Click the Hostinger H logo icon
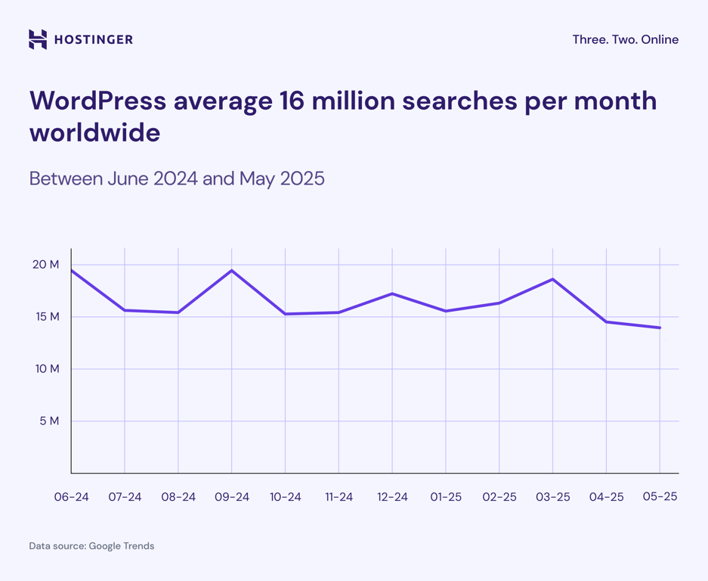[x=38, y=39]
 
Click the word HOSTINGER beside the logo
[x=93, y=39]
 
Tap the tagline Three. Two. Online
[x=625, y=39]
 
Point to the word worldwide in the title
[x=94, y=133]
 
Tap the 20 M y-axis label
[x=45, y=265]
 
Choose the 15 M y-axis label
[x=47, y=317]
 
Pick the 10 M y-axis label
[x=45, y=369]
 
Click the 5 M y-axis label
[x=49, y=421]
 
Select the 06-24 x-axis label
[x=71, y=497]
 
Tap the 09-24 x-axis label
[x=232, y=497]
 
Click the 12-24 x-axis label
[x=392, y=497]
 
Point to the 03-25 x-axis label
[x=553, y=497]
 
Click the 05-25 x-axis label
[x=660, y=497]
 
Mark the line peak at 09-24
[x=232, y=270]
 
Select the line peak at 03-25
[x=553, y=279]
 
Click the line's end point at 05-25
[x=660, y=328]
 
